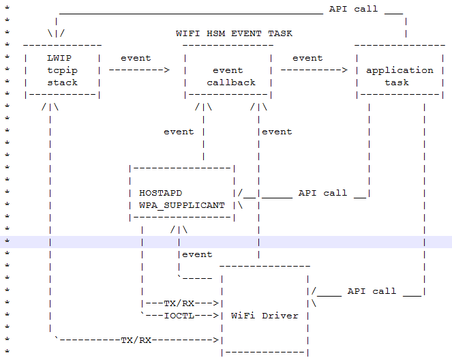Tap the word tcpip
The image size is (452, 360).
click(x=62, y=70)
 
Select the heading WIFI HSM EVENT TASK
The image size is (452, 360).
click(x=234, y=33)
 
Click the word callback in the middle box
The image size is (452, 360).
click(x=231, y=82)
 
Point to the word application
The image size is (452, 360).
click(x=400, y=70)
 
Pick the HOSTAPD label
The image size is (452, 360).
click(x=160, y=193)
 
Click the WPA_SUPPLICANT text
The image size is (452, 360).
click(x=182, y=205)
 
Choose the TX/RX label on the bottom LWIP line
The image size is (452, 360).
click(x=136, y=340)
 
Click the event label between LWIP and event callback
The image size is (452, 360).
click(x=136, y=58)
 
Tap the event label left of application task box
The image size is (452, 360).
click(x=307, y=58)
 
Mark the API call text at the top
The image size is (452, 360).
click(x=353, y=9)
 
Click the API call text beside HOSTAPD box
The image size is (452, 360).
click(x=322, y=193)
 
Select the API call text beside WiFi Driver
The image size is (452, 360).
click(x=372, y=291)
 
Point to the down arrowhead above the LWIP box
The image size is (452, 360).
click(x=56, y=33)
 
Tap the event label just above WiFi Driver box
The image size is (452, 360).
click(x=197, y=254)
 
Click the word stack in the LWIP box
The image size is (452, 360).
click(x=62, y=82)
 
